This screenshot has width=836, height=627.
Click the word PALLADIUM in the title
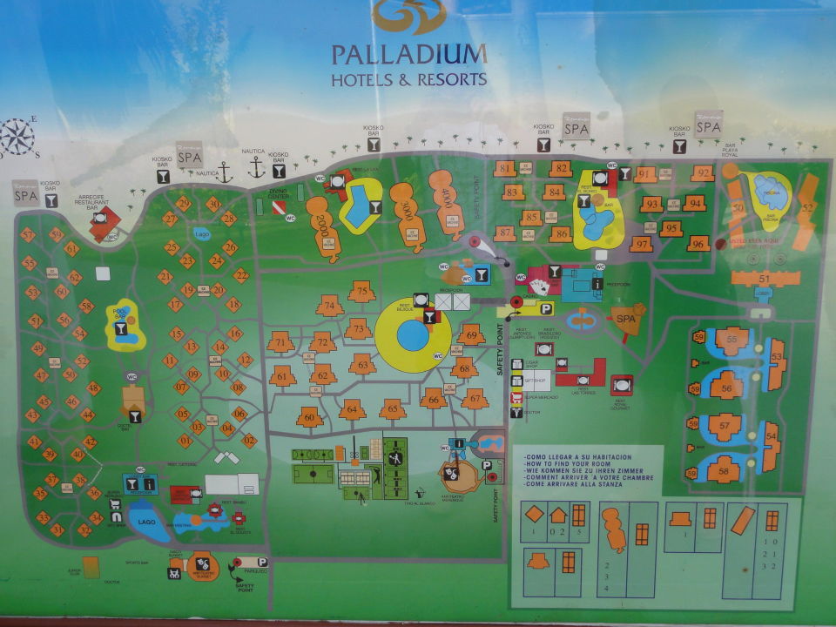pos(408,54)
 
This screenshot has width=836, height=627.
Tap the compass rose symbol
pos(17,138)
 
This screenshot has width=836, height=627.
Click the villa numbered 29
pos(183,203)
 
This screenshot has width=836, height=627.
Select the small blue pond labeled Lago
pos(202,234)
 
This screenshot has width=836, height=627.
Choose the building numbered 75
pos(361,291)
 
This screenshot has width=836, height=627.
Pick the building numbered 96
pos(698,244)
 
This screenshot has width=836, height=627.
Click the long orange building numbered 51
pos(765,278)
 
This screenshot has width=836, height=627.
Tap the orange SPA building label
pos(624,319)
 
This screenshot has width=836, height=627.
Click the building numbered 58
pos(725,471)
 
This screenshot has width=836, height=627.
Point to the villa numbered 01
pos(184,440)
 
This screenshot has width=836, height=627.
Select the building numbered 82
pos(560,169)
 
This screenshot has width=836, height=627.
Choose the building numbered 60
pos(309,417)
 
